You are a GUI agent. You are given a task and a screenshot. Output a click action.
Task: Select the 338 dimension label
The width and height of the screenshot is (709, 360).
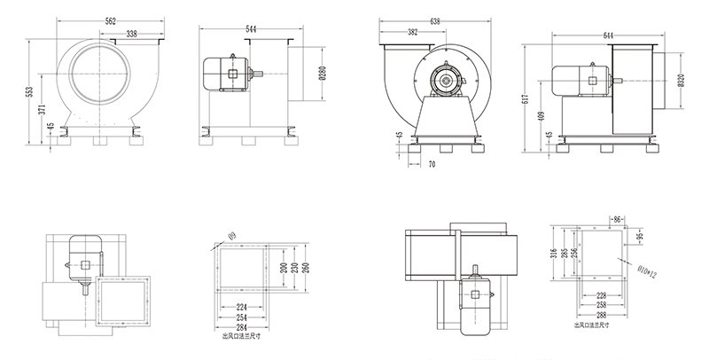click(x=130, y=35)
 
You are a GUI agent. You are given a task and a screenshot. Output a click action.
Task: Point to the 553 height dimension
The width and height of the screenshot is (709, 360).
click(x=31, y=91)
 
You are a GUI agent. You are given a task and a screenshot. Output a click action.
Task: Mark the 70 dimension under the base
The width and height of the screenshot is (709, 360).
click(x=431, y=164)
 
